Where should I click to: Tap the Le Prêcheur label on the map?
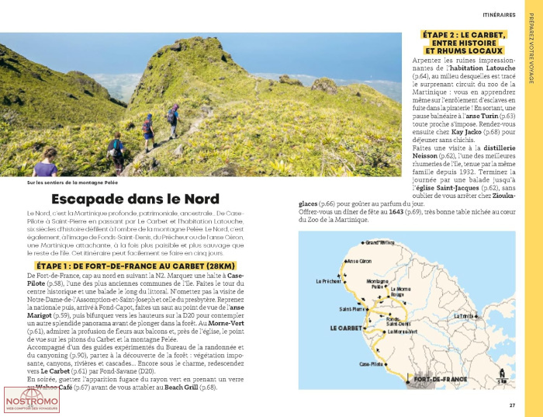(330, 281)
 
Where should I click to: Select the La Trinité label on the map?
(465, 316)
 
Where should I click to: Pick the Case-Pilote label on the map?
(369, 363)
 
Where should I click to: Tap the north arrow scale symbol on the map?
(503, 376)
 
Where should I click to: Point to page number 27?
(512, 405)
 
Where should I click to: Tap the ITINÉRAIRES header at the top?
(500, 14)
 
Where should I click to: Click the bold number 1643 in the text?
(396, 212)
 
